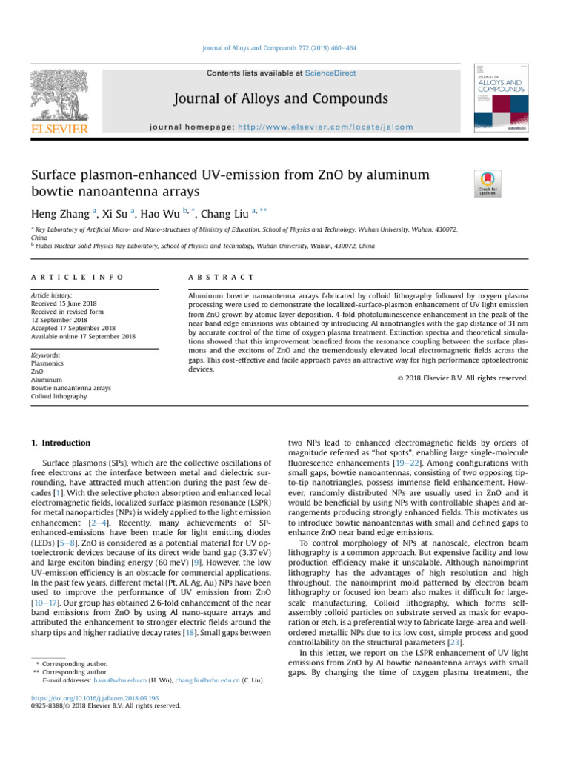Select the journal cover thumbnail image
(500, 97)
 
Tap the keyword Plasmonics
(48, 364)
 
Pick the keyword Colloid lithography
(59, 396)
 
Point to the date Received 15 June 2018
(67, 303)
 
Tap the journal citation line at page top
(284, 48)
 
